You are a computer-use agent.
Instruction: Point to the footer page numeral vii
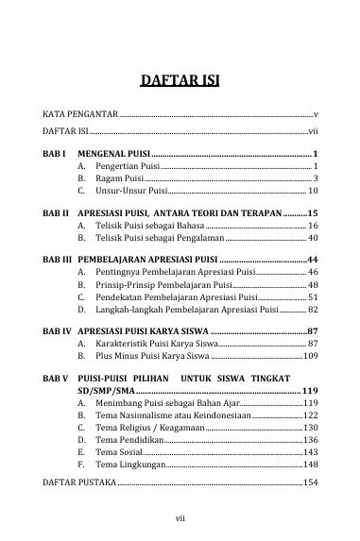pyautogui.click(x=180, y=516)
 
